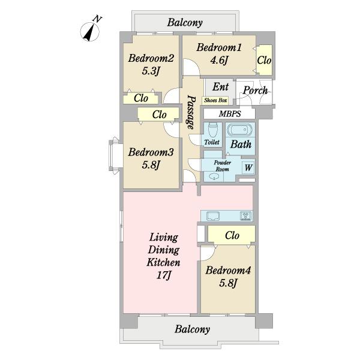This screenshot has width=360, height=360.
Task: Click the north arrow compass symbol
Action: tap(90, 32)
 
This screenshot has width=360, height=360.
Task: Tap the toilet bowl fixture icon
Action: tap(212, 130)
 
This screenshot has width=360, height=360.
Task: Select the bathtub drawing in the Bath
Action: tap(240, 130)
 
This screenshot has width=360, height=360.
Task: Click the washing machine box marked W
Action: tap(248, 167)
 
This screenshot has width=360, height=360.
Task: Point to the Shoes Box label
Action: tap(215, 100)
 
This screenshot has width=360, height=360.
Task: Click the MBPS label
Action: tap(230, 113)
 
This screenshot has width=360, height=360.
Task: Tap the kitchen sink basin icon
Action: tap(214, 216)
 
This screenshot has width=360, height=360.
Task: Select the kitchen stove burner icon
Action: tap(246, 216)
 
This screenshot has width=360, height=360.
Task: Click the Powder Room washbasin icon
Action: tap(214, 177)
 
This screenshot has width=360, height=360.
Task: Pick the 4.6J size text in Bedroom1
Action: tap(219, 60)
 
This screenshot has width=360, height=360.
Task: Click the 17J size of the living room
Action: tap(163, 275)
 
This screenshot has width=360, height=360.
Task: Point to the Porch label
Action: tap(256, 91)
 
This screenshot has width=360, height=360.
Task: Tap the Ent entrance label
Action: tap(220, 87)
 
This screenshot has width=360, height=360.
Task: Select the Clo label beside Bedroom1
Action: tap(264, 60)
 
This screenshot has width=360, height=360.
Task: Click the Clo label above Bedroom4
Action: tap(232, 235)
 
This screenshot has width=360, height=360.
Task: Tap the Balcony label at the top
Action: tap(185, 23)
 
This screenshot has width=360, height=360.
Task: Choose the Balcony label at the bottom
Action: tap(192, 329)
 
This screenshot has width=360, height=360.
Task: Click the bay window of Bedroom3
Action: tap(114, 155)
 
